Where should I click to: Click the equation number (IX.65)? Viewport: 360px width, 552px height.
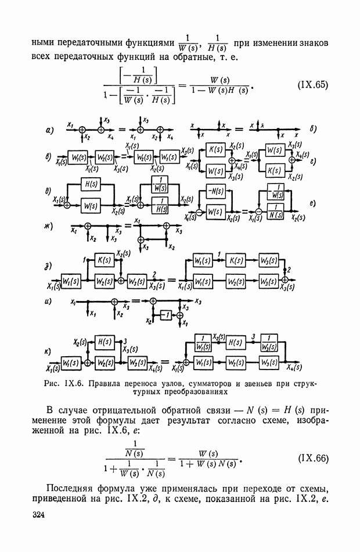tap(313, 85)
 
